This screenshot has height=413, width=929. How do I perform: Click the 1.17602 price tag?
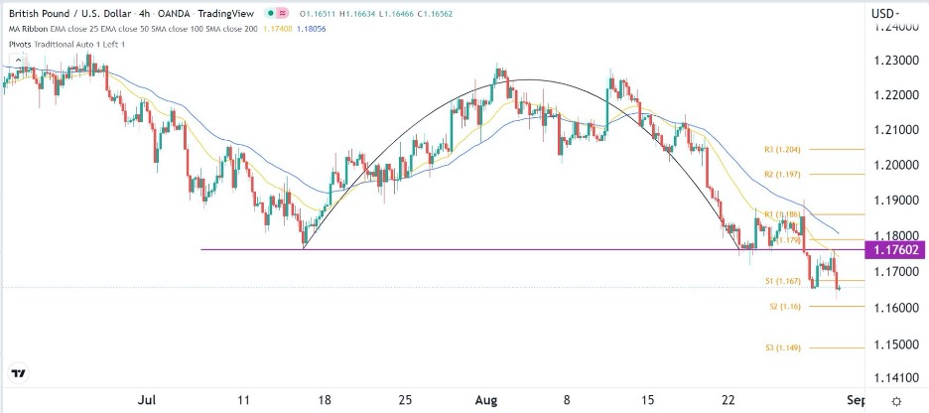[895, 250]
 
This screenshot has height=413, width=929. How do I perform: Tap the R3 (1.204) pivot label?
[782, 149]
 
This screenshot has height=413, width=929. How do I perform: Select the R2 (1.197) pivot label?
[782, 174]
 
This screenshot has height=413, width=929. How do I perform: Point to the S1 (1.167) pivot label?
[782, 282]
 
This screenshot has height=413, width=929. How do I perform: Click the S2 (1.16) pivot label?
[780, 307]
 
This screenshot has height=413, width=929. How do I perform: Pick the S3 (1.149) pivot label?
[782, 347]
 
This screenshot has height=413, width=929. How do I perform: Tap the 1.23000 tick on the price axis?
[895, 62]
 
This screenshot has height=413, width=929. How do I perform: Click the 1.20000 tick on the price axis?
[895, 165]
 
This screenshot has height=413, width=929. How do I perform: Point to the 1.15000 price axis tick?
[895, 344]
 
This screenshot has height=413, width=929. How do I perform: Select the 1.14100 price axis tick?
[895, 378]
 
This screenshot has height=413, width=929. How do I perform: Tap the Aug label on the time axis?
[483, 400]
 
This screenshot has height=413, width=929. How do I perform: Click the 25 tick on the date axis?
[404, 400]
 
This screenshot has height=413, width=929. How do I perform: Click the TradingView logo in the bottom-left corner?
[19, 374]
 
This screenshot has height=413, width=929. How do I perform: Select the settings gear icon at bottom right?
[896, 400]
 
